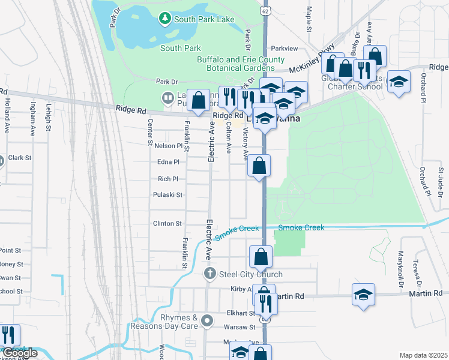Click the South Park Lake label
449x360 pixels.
click(203, 19)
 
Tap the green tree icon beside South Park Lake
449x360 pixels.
click(164, 19)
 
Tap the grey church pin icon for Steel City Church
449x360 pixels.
click(209, 275)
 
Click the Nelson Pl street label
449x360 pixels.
click(167, 146)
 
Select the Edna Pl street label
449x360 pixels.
click(167, 162)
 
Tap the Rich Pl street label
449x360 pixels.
click(167, 179)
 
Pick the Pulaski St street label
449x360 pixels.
click(167, 195)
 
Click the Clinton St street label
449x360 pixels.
click(167, 224)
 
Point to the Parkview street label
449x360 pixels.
click(285, 48)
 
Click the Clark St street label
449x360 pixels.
click(19, 158)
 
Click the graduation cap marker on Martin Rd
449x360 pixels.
click(363, 295)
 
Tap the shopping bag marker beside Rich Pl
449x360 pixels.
click(259, 166)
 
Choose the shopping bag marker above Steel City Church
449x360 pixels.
click(261, 257)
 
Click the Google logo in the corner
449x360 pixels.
click(20, 353)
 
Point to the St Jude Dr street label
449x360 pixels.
click(439, 182)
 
